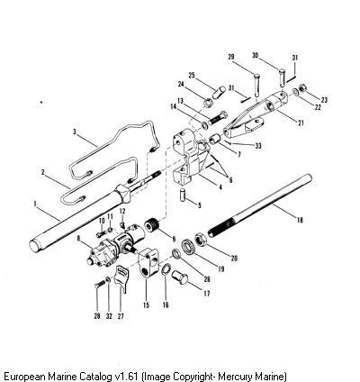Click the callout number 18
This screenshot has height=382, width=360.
point(300,220)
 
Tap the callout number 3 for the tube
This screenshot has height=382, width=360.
point(75,132)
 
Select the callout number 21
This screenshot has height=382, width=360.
point(301,123)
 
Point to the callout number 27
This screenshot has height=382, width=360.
point(120,316)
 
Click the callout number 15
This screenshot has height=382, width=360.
point(146,305)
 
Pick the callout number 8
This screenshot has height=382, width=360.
point(78,239)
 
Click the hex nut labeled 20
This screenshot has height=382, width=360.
point(200,240)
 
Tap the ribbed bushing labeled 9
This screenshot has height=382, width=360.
point(152,225)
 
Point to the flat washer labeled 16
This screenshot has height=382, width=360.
point(166,268)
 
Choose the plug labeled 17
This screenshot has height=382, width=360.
point(179,277)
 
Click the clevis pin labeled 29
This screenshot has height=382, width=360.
point(256,85)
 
